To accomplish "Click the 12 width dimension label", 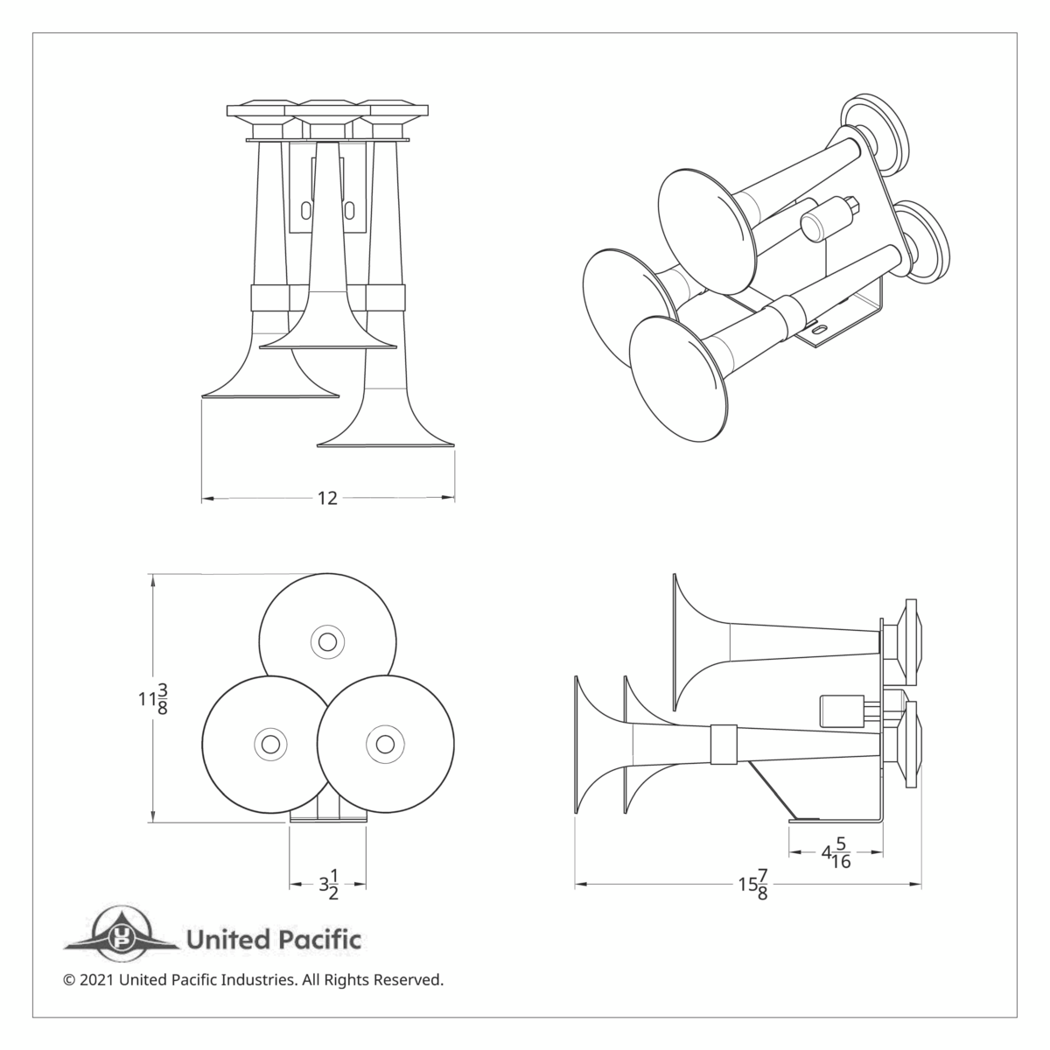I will [327, 499].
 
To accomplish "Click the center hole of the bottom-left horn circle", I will [269, 744].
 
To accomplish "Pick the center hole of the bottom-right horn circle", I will [385, 744].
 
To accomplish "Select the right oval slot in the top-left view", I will [350, 211].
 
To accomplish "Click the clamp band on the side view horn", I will [723, 743].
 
